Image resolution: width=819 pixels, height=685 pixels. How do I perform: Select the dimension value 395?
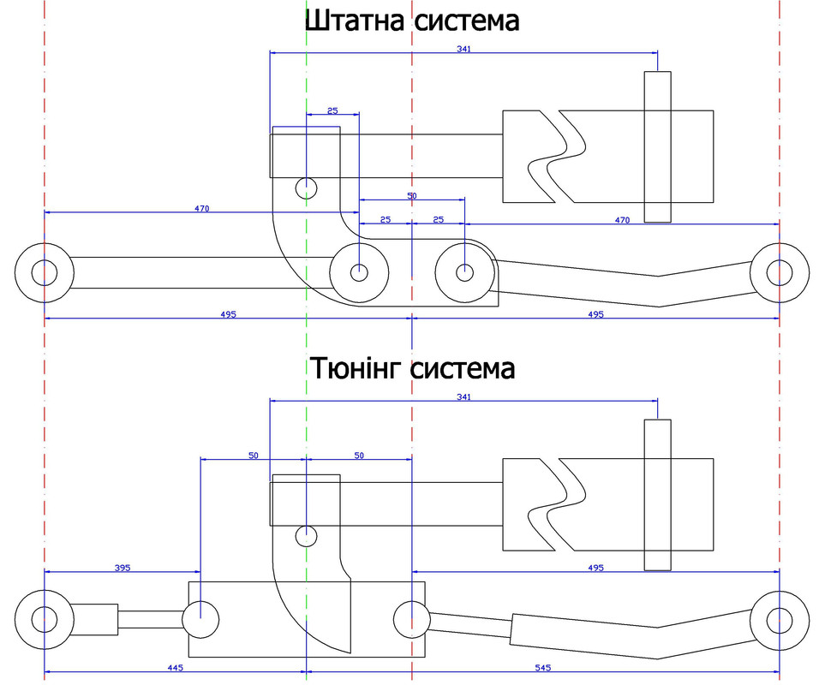[x=123, y=568]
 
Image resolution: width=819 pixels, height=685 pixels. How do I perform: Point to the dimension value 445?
[x=175, y=668]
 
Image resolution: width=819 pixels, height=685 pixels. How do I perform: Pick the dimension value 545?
[x=542, y=668]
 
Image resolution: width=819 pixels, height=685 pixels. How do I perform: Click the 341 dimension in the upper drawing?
[x=463, y=49]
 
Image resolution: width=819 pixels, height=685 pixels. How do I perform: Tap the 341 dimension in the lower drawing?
[x=463, y=396]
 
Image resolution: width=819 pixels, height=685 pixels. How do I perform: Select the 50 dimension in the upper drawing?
[x=412, y=196]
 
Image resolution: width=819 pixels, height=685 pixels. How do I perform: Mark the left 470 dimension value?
[x=201, y=208]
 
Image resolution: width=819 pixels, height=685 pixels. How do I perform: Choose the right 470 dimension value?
[x=622, y=220]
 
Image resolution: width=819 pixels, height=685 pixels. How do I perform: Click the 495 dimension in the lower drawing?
[x=595, y=568]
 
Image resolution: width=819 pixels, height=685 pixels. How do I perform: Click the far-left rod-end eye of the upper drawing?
[x=45, y=272]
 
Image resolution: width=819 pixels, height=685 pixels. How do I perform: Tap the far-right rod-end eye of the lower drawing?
[x=780, y=621]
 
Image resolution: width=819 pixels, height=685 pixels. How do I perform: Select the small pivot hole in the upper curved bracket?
[x=306, y=188]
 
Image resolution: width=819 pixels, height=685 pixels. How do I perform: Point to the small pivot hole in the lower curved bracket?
[x=306, y=536]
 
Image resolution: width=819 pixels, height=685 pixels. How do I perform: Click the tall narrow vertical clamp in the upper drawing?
[x=658, y=146]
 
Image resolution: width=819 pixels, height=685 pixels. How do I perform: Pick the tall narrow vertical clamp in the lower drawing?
[x=658, y=495]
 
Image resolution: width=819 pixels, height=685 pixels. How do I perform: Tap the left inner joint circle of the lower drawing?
[x=200, y=620]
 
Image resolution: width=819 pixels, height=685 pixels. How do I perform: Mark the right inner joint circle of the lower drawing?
[x=412, y=620]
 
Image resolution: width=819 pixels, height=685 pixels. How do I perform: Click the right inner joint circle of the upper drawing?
[x=464, y=272]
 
